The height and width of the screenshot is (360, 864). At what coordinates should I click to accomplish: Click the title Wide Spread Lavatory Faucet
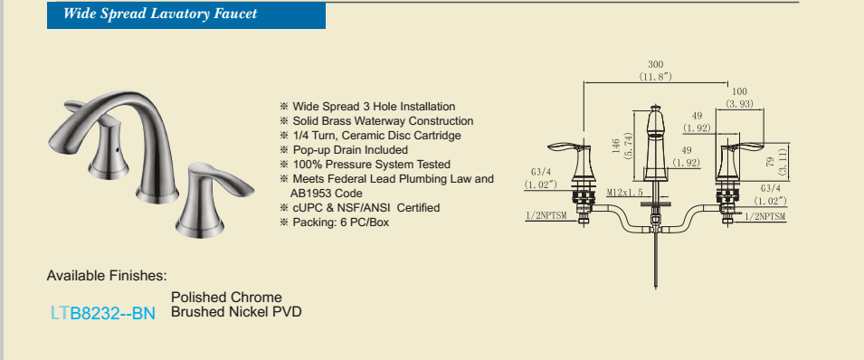tap(160, 14)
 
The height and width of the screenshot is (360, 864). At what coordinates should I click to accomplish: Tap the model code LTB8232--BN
tap(103, 313)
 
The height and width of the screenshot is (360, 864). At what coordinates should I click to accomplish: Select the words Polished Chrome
tap(226, 298)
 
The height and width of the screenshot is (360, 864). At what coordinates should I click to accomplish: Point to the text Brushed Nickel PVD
tap(236, 312)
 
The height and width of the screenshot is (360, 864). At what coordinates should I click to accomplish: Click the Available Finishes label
tap(107, 275)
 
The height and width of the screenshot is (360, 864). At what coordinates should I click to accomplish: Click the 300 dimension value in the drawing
tap(656, 65)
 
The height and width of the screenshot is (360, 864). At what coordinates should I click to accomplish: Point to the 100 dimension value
tap(739, 91)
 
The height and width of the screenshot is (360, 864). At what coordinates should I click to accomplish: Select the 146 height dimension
tap(616, 146)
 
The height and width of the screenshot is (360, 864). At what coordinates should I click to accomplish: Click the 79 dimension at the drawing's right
tap(772, 161)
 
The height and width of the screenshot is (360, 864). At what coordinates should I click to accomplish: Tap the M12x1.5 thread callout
tap(625, 193)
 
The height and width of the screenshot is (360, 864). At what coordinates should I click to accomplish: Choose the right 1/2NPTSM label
tap(764, 217)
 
